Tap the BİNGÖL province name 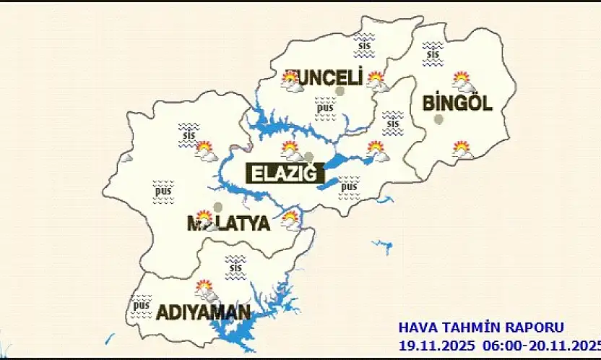(x=457, y=103)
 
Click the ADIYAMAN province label (x=204, y=313)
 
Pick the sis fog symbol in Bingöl (x=433, y=52)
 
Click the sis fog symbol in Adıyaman (x=235, y=267)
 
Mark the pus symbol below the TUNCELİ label (x=324, y=108)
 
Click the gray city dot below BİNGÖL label (x=438, y=119)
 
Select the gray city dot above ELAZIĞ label (x=309, y=157)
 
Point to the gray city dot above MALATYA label (x=217, y=207)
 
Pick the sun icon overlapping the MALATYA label (x=205, y=220)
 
